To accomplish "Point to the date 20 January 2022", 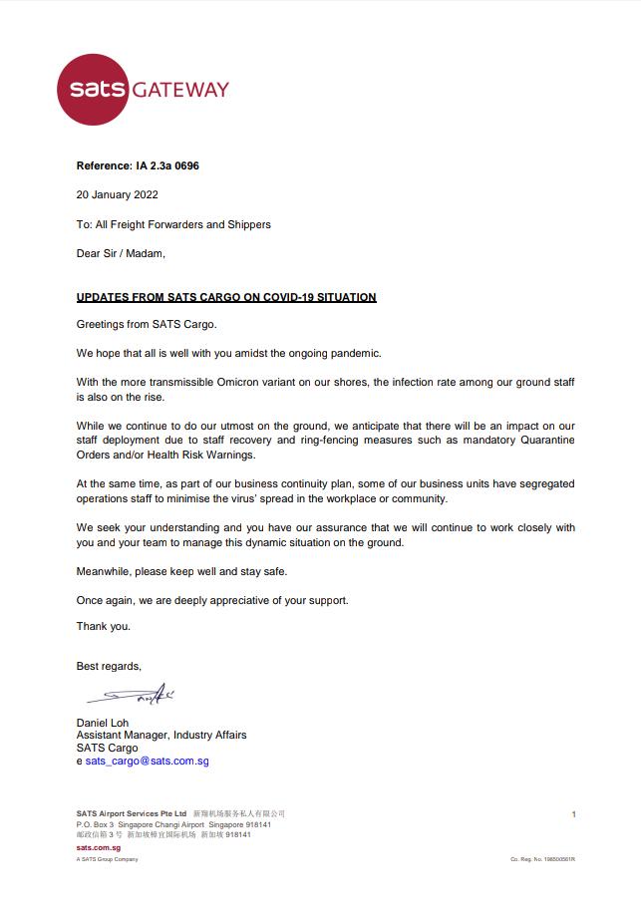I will (118, 195).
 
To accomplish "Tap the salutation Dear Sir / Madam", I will (121, 253).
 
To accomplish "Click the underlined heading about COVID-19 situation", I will (226, 297).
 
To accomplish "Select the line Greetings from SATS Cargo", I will (146, 325).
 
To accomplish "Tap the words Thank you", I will (104, 626).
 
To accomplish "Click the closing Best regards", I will (109, 666).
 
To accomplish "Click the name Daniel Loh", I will (103, 723).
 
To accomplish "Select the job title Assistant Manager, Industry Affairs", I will (161, 736).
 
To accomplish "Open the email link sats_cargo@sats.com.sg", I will (147, 762).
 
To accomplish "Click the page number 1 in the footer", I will (573, 814).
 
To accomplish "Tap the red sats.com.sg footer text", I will (99, 845).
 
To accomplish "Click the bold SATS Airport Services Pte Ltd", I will (132, 814).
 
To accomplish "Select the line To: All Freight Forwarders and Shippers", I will (173, 224).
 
